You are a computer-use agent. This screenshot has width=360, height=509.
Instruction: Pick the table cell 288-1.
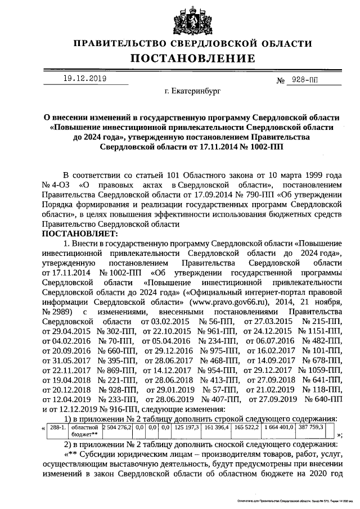(x=58, y=428)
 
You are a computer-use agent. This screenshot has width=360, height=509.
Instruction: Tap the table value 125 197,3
(x=187, y=428)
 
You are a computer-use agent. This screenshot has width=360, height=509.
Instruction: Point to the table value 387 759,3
(x=315, y=428)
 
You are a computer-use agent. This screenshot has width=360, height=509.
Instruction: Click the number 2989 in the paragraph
(x=55, y=311)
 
